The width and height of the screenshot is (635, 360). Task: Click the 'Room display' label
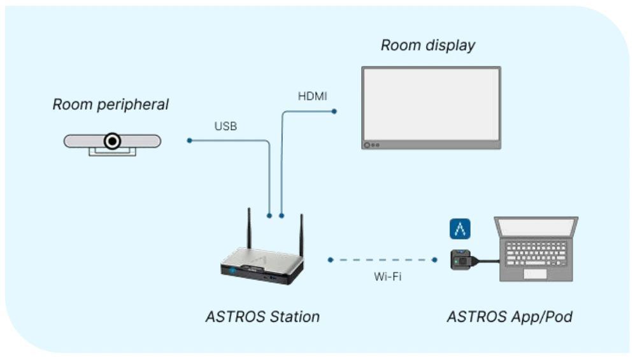(427, 46)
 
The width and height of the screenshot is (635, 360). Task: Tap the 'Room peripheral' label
(111, 104)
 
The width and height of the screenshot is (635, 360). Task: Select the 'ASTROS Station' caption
(262, 316)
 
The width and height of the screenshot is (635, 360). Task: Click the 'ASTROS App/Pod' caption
(509, 316)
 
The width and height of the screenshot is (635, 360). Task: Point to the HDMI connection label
(313, 97)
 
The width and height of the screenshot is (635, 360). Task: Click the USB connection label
(225, 127)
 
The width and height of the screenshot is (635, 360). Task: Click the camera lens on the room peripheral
(113, 141)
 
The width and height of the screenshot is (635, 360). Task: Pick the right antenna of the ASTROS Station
(301, 236)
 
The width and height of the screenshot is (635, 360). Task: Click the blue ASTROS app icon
(460, 228)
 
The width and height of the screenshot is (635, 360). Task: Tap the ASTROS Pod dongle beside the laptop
(462, 259)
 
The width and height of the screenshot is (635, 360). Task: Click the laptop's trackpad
(535, 273)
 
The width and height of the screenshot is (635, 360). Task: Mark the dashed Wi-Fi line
(382, 260)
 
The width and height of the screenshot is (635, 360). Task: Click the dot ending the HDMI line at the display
(334, 112)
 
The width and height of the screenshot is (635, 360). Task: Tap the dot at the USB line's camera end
(189, 140)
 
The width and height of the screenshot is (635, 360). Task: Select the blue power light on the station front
(233, 270)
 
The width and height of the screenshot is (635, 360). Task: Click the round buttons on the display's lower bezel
(371, 145)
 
